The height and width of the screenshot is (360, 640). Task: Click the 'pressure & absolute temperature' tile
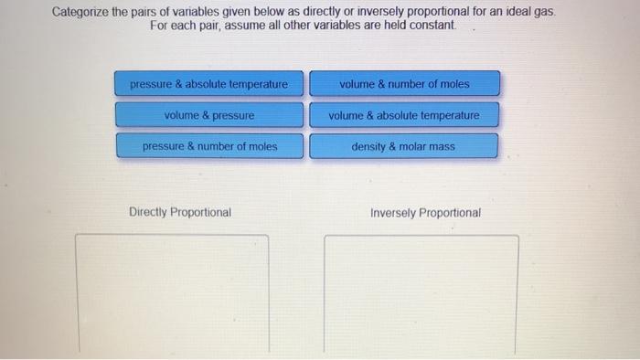[x=208, y=84]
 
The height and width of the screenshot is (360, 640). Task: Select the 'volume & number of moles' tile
[x=404, y=84]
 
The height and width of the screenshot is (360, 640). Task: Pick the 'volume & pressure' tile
[x=208, y=116]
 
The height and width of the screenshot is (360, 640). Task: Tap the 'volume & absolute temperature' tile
[x=404, y=116]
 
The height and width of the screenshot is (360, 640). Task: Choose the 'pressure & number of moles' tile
[x=208, y=146]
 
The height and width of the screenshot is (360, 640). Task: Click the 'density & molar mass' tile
[x=404, y=146]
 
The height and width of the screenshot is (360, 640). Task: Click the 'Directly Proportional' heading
[x=180, y=212]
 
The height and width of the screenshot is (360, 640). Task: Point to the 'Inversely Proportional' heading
[x=425, y=212]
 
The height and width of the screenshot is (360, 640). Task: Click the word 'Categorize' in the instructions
[x=79, y=12]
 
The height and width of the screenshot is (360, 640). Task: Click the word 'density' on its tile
[x=369, y=146]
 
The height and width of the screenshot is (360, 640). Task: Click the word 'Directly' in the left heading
[x=149, y=212]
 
